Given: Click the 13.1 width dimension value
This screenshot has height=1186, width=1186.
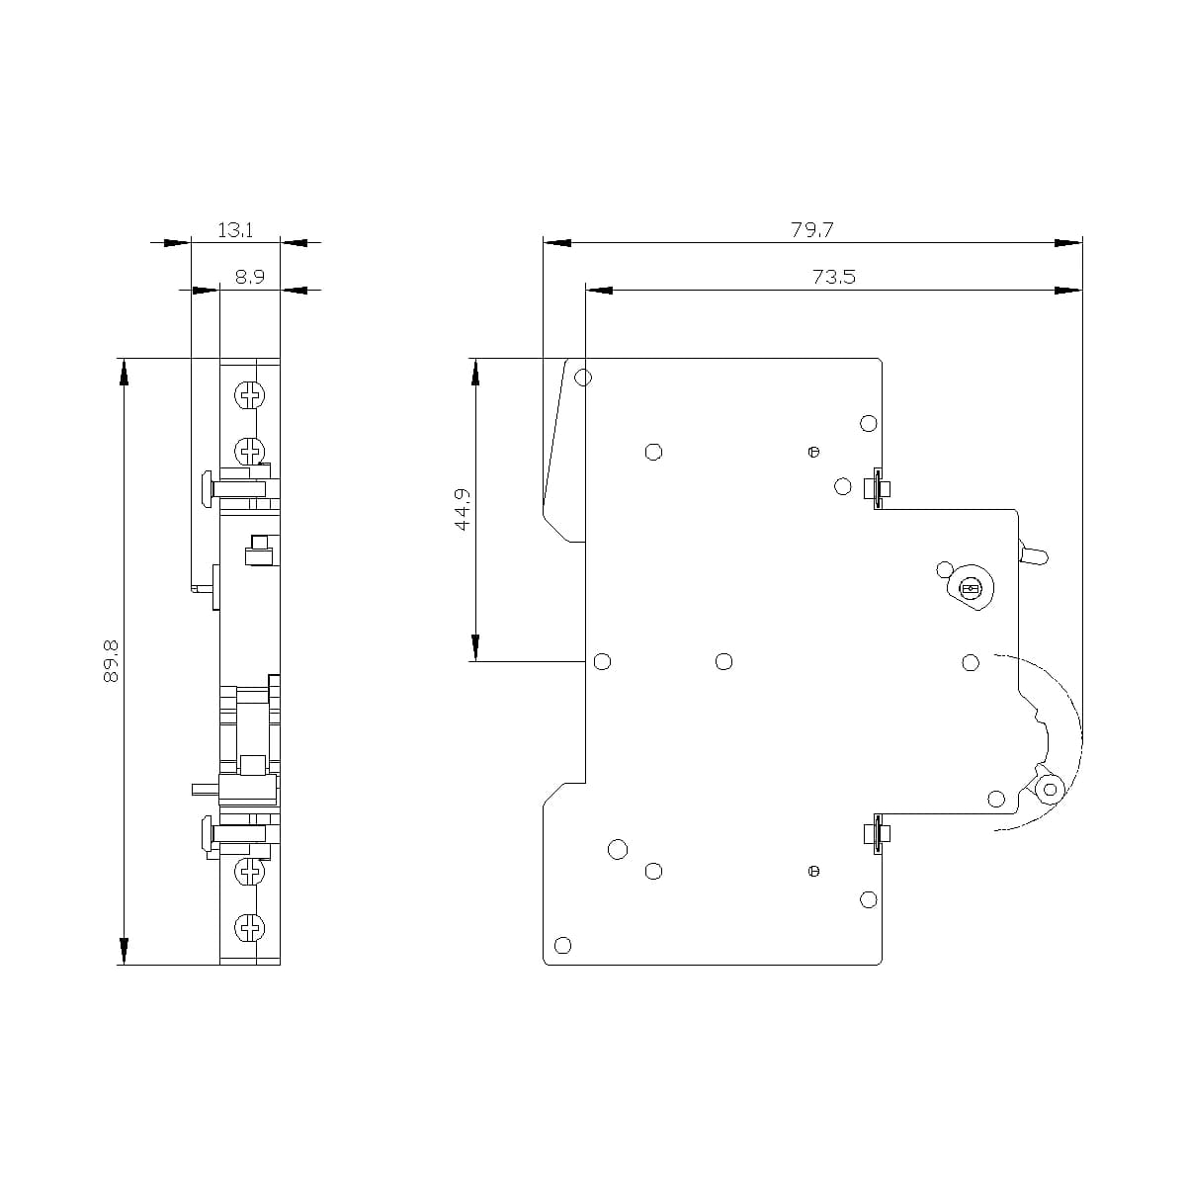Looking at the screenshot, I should (x=235, y=230).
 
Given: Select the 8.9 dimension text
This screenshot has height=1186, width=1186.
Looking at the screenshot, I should (x=250, y=278).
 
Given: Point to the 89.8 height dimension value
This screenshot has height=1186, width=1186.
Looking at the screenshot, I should (x=110, y=660).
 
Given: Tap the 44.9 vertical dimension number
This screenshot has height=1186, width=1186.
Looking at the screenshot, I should (x=463, y=510).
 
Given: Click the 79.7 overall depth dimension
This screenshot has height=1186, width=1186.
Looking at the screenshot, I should (x=811, y=230).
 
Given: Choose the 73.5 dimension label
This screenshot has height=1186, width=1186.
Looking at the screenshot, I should (x=833, y=278).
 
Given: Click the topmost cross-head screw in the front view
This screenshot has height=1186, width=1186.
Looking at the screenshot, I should (x=250, y=396).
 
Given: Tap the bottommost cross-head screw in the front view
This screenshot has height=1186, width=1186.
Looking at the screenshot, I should (x=250, y=927).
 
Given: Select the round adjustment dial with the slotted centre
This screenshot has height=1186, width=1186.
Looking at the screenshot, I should (x=970, y=590).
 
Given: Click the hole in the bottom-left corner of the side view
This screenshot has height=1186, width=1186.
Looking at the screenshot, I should (x=563, y=945).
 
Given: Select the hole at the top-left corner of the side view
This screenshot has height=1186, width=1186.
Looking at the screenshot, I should (x=583, y=378).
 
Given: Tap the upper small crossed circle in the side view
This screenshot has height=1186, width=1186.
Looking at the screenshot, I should (x=813, y=453).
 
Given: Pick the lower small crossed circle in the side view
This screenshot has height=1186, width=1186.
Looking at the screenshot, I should (x=813, y=871).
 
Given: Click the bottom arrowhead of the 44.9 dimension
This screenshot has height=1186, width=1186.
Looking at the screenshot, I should (x=475, y=648).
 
